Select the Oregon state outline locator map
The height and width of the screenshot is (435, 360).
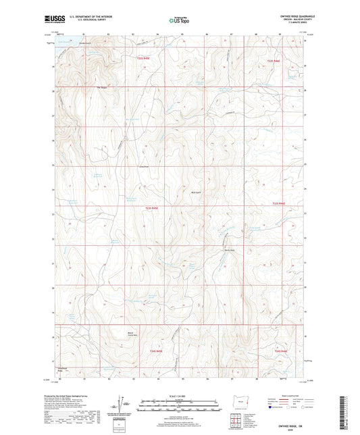click(x=238, y=399)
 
